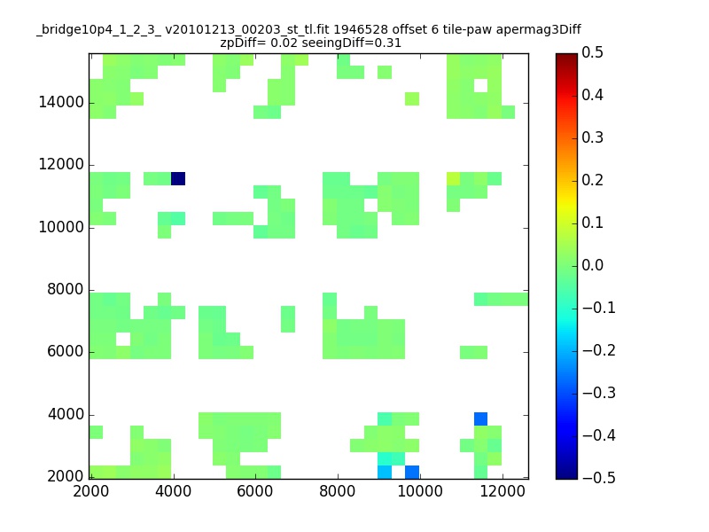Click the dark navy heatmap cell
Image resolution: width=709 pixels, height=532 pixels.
coord(178,179)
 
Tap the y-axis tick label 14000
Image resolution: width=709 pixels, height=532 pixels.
coord(61,102)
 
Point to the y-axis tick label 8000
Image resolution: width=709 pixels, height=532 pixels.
coord(66,289)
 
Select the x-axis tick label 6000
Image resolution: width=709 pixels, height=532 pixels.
coord(255,491)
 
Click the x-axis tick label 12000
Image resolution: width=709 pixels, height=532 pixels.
coord(503,491)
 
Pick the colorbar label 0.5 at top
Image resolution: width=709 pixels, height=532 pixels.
coord(592,52)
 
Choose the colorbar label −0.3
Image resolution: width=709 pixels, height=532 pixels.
coord(599,393)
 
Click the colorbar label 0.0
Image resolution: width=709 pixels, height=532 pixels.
coord(592,265)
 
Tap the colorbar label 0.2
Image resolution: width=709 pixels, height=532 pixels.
coord(592,180)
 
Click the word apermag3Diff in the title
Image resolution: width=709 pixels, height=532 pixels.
coord(539,30)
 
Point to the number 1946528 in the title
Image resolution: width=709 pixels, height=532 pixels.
coord(361,29)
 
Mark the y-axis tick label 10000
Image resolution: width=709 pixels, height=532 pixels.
coord(61,227)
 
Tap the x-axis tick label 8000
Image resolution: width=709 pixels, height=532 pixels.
coord(338,491)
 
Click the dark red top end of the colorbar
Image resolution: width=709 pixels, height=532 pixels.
coord(566,57)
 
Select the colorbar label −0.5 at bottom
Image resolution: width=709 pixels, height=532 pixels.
coord(599,478)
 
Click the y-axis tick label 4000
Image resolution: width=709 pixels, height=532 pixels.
coord(66,414)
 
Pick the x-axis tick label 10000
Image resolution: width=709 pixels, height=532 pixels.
coord(420,491)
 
